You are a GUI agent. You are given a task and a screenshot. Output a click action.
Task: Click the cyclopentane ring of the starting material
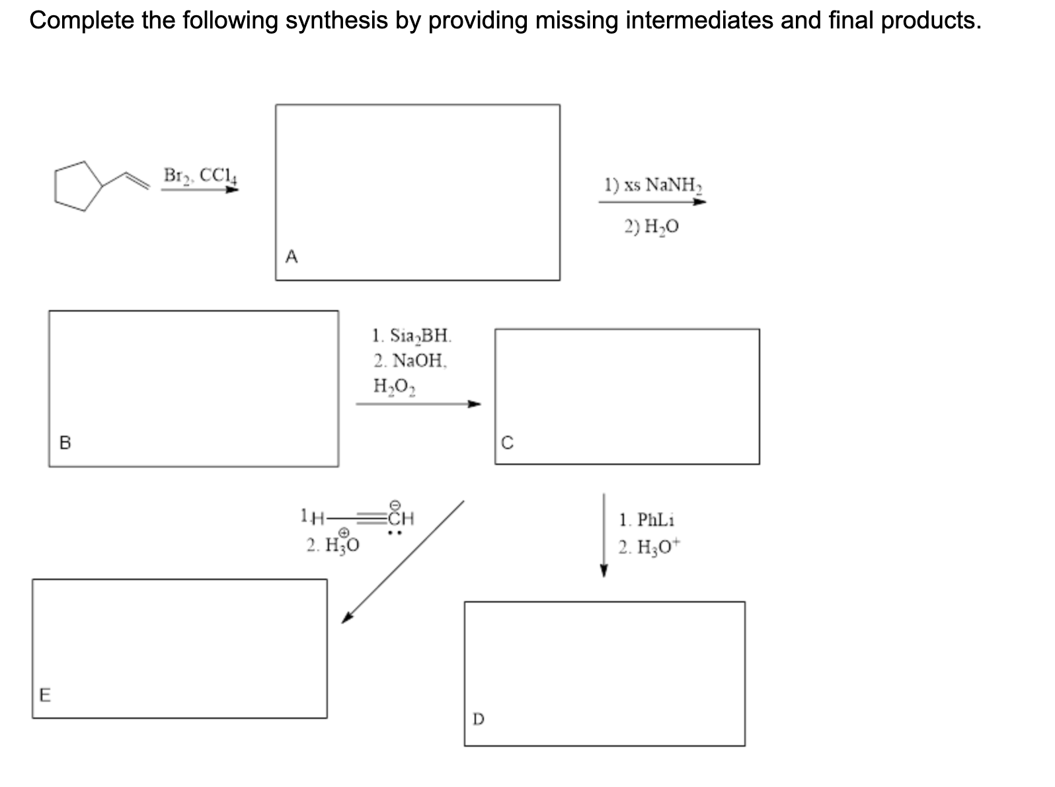[78, 185]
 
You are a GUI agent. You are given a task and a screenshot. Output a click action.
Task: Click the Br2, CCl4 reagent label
[200, 175]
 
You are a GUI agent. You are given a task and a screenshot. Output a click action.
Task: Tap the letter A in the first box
[292, 257]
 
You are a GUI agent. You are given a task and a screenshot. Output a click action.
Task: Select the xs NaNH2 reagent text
[652, 184]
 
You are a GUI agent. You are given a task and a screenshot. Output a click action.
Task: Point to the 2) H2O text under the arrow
[652, 227]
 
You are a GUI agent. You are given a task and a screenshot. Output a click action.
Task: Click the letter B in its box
[65, 442]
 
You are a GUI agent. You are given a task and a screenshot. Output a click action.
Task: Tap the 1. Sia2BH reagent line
[412, 336]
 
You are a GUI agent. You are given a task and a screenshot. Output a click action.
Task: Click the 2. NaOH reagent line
[410, 360]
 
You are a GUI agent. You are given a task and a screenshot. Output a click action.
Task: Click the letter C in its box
[507, 442]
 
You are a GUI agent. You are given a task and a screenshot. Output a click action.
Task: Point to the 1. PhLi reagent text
[646, 520]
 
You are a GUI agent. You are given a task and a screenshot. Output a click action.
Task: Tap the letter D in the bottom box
[479, 718]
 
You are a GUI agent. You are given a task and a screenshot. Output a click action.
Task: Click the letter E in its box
[45, 694]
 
